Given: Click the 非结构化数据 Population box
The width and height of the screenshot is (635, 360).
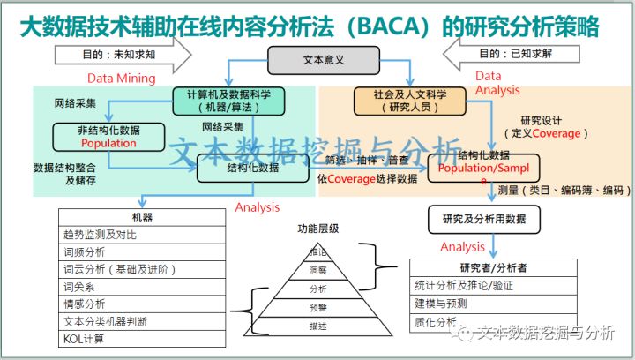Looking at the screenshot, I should click(108, 135).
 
